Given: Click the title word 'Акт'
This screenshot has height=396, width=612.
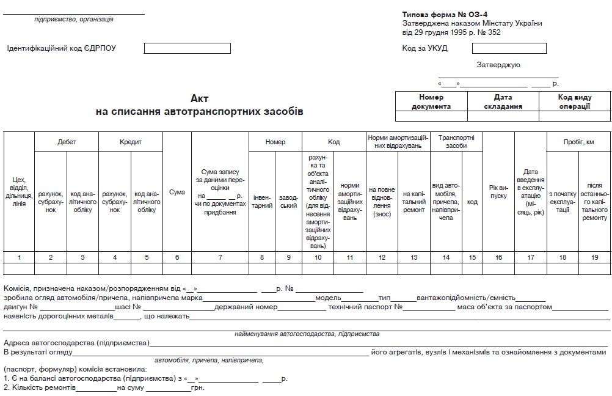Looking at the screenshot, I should point(200,98).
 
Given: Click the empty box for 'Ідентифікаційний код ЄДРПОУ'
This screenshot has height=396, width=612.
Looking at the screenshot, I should point(188,48).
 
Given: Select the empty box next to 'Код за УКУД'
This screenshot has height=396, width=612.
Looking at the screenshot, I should point(509,48).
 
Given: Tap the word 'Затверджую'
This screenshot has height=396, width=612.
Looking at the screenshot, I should point(498,65).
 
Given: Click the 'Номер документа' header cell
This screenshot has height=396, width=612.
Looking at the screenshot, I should point(431,101).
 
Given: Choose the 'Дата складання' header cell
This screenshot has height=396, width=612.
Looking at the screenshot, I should point(503,101).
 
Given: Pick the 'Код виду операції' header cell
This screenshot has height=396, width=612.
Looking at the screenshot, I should point(574,101).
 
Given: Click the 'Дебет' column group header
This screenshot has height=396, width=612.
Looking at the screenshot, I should point(67,142).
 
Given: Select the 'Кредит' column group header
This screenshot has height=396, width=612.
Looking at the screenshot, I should point(130,142).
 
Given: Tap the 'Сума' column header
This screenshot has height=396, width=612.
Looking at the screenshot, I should point(177,193).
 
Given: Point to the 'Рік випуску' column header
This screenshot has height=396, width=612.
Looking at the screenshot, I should point(498,192).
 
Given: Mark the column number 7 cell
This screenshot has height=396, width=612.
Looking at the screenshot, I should point(220,257).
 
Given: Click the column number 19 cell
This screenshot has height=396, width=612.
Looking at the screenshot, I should point(594,257).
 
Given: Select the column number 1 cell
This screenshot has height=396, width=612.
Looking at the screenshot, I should point(19,257).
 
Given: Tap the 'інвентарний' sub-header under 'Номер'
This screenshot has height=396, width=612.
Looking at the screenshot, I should point(262,202).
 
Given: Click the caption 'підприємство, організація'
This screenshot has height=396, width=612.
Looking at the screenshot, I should point(74,20).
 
